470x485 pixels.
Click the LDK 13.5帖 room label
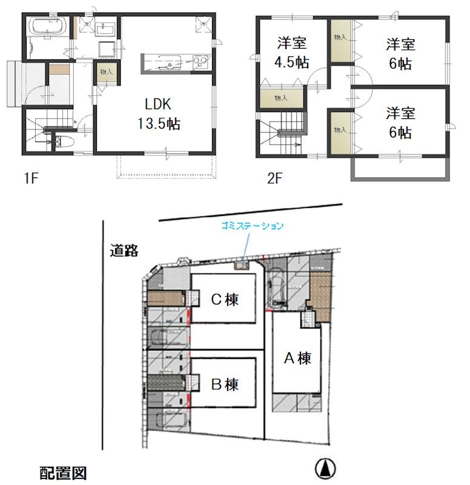pos(158,115)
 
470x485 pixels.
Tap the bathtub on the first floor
pos(47,25)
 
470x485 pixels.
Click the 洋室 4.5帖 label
pos(292,53)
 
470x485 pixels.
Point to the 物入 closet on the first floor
pos(106,72)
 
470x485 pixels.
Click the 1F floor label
pos(31,178)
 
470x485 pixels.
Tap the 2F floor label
pos(275,178)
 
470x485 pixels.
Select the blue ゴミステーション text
pos(252,226)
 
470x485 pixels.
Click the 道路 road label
pos(124,250)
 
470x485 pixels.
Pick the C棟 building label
pos(225,299)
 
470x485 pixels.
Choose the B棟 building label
pos(225,385)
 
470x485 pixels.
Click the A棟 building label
pos(297,358)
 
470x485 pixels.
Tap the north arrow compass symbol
pos(325,468)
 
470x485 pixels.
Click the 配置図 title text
pos(64,473)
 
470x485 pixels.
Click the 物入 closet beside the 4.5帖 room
pos(281,98)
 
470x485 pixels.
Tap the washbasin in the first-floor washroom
pos(106,30)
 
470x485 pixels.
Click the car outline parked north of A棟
pos(276,289)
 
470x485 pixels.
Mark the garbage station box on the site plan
pos(241,266)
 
